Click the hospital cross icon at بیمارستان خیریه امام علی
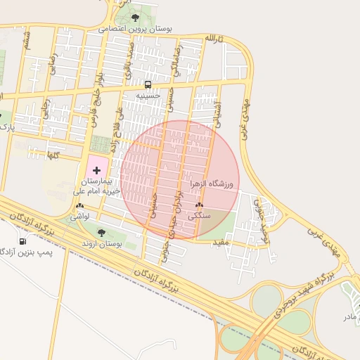(96, 169)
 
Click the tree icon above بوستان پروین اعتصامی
(135, 18)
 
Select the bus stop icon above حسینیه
(148, 84)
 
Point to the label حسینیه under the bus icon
(148, 95)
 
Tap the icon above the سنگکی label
(199, 206)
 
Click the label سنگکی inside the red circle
(199, 217)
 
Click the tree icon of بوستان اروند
(101, 233)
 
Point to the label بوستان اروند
(101, 243)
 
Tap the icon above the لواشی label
(79, 206)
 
